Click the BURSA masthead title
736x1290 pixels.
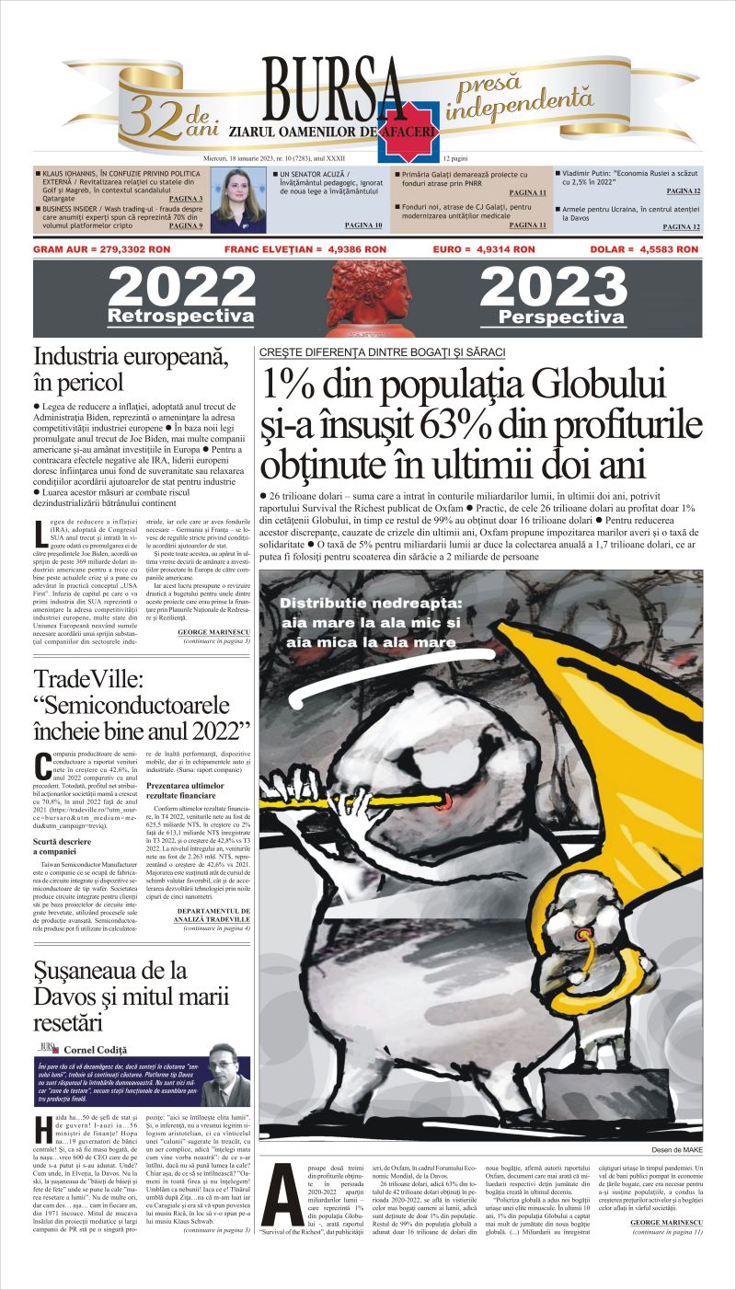333,90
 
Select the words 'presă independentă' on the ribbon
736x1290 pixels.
519,96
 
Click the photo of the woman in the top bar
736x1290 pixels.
238,201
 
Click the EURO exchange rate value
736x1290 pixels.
484,249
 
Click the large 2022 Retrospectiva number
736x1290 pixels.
180,288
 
